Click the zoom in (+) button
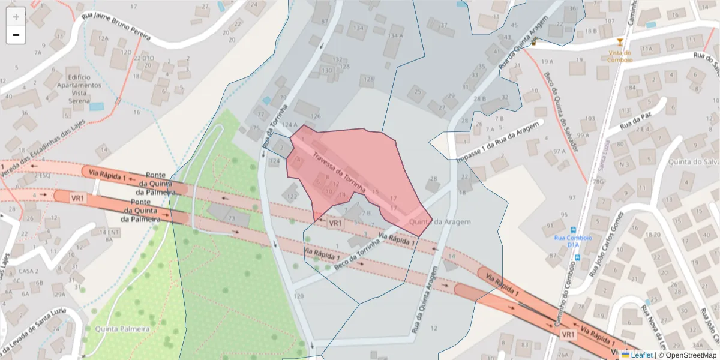pos(16,17)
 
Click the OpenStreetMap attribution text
pos(687,355)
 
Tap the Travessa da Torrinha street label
pos(338,171)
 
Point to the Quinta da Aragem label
pos(440,222)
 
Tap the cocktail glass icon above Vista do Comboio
pos(620,42)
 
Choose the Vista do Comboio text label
pos(620,56)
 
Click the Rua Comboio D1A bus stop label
pos(572,241)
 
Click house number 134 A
pos(395,35)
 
